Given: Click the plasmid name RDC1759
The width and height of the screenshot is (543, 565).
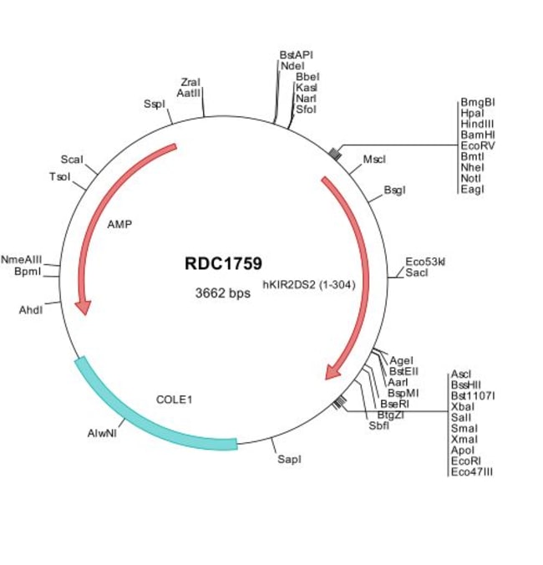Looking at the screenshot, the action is pos(223,263).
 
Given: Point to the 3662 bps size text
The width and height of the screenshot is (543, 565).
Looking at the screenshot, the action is pos(222,293).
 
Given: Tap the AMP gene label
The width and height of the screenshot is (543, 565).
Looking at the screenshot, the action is pos(119,225).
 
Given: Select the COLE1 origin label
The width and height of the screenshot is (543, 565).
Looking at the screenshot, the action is pos(175,400).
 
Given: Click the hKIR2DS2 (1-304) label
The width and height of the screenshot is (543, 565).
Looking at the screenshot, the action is pos(309,285).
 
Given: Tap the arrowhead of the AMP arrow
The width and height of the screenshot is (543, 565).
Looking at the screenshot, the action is pos(84,308).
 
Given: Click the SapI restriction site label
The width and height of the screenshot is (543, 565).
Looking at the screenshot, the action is pos(290,460).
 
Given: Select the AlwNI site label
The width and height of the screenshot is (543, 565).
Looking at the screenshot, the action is pos(102,433).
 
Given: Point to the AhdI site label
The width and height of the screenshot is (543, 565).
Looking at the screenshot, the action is pos(31,310).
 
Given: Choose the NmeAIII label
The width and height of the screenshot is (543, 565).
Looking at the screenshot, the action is pos(21,259).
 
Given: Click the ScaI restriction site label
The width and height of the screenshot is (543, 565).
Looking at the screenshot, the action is pos(72,160).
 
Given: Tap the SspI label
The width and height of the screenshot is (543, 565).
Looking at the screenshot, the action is pos(154,104).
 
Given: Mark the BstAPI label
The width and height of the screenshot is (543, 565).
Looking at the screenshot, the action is pos(297,55).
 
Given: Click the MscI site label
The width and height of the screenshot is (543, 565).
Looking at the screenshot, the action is pos(374,160).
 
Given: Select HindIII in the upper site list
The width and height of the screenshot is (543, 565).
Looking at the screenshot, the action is pos(478,124).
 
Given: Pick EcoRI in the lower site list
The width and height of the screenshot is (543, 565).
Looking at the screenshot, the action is pos(466,461).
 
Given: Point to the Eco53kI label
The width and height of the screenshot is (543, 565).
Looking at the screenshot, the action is pos(425,262).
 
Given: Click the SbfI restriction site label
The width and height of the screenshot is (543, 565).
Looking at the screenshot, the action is pos(379,425).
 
